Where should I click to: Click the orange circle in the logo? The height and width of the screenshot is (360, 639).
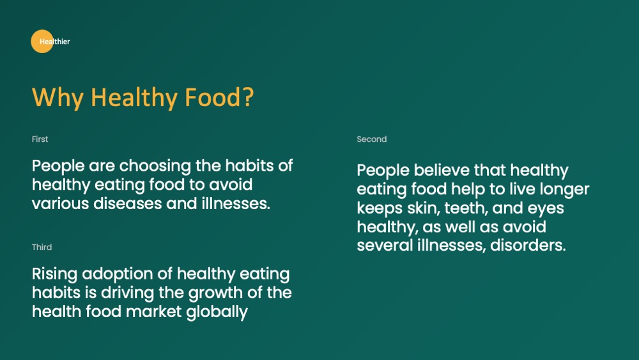(x=42, y=41)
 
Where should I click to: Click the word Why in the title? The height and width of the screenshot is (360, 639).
(x=58, y=98)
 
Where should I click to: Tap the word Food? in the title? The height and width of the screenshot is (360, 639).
(x=219, y=97)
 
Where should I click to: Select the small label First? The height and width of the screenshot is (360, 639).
(x=40, y=139)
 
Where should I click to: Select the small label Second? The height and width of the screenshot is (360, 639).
(x=372, y=139)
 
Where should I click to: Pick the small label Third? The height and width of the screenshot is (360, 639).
(x=42, y=247)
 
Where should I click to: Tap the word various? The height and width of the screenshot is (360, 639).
(x=60, y=203)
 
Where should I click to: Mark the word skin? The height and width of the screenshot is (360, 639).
(x=423, y=208)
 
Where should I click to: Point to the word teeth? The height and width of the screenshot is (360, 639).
(x=466, y=208)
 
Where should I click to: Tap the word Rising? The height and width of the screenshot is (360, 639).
(x=54, y=274)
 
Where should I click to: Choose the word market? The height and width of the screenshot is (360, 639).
(x=153, y=311)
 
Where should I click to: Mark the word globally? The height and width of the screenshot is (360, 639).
(x=217, y=312)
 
